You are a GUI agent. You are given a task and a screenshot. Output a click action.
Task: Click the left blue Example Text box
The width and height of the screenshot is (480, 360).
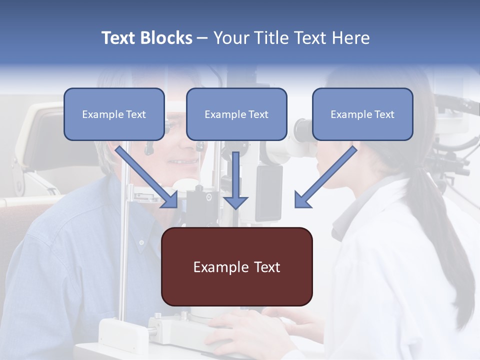click(x=114, y=114)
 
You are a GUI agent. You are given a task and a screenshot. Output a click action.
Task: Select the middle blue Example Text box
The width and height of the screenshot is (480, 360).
click(x=236, y=114)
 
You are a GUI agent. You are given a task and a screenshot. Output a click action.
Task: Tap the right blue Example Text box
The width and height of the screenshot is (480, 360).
click(x=362, y=114)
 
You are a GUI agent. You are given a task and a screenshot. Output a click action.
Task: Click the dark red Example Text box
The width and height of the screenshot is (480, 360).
click(x=236, y=266)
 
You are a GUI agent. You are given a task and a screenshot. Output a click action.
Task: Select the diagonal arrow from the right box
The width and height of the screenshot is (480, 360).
click(x=325, y=177)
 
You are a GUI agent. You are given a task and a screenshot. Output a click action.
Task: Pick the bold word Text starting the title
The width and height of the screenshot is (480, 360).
click(x=119, y=38)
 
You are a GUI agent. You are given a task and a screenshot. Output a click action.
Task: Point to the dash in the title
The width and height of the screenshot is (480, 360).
click(x=202, y=38)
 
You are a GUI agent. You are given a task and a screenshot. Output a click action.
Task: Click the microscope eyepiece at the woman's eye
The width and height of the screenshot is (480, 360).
click(x=303, y=131)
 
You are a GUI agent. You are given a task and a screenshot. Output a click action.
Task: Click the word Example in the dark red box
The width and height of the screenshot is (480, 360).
click(x=214, y=266)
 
